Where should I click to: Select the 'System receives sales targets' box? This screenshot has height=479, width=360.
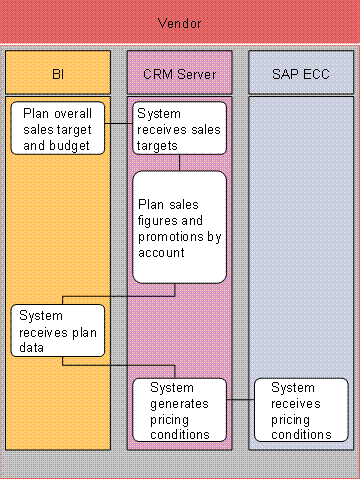click(x=179, y=129)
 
